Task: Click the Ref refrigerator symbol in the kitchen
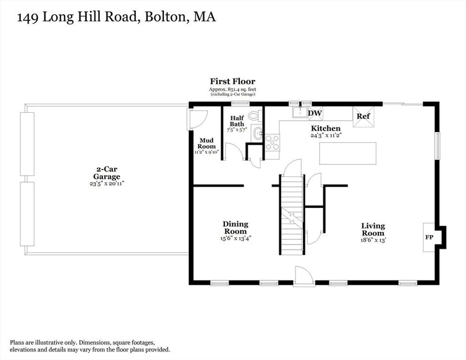pos(363,117)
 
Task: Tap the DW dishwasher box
pos(316,113)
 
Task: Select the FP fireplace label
pos(429,237)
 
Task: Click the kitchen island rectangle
pos(348,153)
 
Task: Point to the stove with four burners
pos(272,142)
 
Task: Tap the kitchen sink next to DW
pos(300,112)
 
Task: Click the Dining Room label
pos(235,228)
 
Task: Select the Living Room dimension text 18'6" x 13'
pos(373,240)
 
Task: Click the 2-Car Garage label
pos(107,173)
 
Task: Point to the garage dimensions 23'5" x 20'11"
pos(107,184)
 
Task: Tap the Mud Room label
pos(207,143)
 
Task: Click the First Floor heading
pos(233,81)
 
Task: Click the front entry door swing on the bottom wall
pos(304,276)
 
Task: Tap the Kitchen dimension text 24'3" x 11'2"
pos(326,135)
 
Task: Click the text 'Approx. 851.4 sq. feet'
pos(233,89)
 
